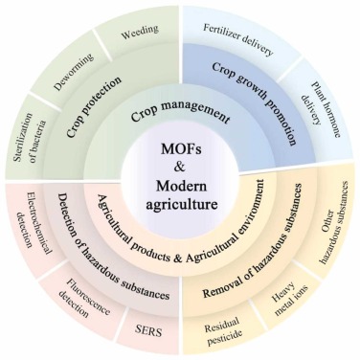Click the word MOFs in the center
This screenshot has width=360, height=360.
(x=180, y=154)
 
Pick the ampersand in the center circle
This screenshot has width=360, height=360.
(x=180, y=171)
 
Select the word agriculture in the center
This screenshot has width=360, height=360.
(x=180, y=205)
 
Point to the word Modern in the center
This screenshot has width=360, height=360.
(x=180, y=188)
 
